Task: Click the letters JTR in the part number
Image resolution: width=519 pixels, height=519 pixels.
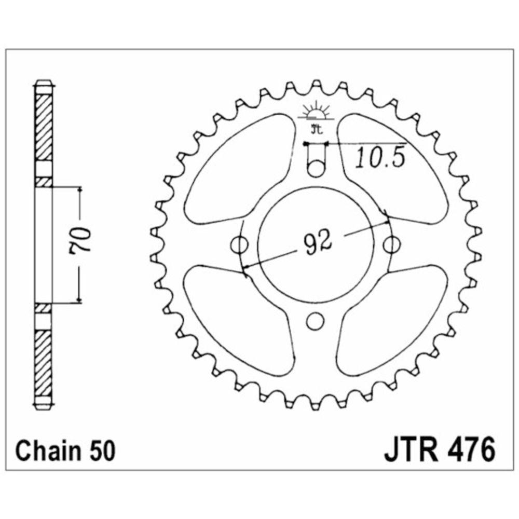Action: point(411,449)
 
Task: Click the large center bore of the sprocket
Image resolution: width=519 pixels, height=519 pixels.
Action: point(316,245)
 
